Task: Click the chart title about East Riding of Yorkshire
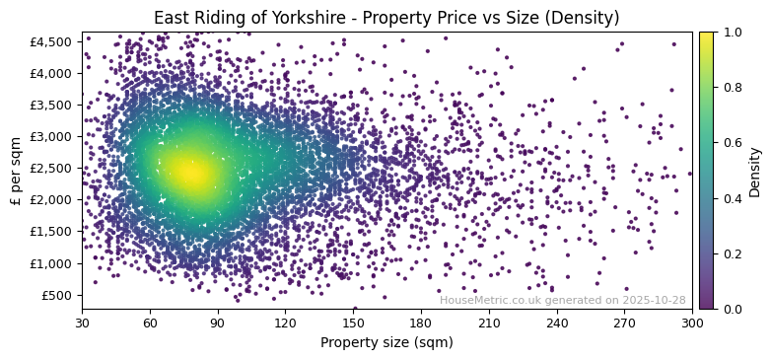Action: (385, 18)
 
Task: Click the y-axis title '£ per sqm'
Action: (16, 171)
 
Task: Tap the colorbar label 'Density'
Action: (755, 171)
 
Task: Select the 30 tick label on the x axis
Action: (82, 323)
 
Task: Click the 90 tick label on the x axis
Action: (218, 323)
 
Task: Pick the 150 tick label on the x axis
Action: (353, 323)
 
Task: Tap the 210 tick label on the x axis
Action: (489, 323)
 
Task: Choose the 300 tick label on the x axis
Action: (692, 323)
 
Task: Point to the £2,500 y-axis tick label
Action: (51, 168)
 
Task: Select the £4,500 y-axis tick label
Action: (51, 41)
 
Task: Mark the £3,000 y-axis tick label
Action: (51, 136)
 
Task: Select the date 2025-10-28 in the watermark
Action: (654, 300)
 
